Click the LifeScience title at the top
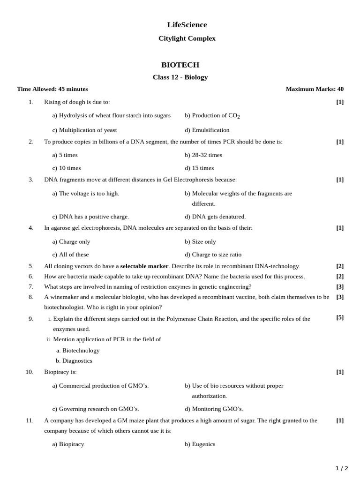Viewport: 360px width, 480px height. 187,25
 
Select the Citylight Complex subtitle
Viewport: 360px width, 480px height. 187,38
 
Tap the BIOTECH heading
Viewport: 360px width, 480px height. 180,65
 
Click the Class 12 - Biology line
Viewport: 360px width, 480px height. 180,77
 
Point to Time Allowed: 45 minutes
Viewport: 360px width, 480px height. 52,89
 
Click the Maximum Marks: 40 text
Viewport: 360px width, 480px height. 315,89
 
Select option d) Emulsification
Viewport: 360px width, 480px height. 207,130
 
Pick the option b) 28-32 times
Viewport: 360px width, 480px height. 203,155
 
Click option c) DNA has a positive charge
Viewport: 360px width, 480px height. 90,217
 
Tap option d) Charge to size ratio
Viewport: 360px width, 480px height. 213,255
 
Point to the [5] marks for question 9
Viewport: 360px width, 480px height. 340,317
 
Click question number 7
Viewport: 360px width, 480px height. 31,286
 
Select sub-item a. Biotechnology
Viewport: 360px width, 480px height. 78,351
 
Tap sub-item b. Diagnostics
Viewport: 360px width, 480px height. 74,361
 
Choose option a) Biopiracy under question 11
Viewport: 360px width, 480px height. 68,444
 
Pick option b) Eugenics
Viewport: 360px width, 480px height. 200,444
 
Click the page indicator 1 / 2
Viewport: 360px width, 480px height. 342,468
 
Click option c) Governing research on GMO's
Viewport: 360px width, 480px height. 96,409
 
